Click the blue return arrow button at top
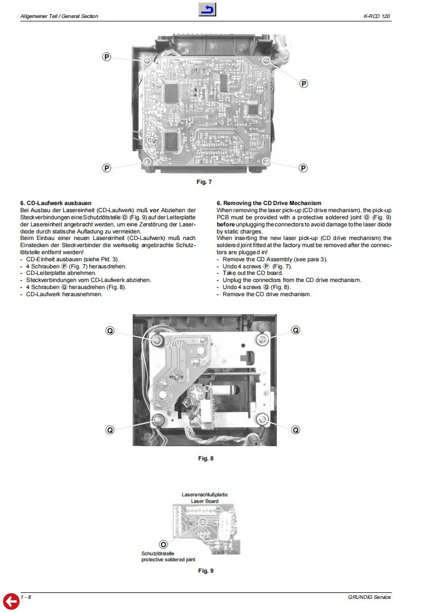[x=207, y=9]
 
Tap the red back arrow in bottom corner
[x=11, y=601]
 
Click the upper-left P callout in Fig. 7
[x=107, y=57]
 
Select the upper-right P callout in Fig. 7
[x=304, y=83]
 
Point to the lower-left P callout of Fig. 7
[x=107, y=167]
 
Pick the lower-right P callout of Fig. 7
[x=303, y=167]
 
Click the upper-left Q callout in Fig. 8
[x=110, y=330]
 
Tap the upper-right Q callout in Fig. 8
[x=295, y=330]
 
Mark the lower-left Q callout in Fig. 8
[x=110, y=430]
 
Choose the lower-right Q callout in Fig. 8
[x=295, y=430]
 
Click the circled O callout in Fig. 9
[x=163, y=544]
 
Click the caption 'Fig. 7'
[x=204, y=182]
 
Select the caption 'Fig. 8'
[x=205, y=458]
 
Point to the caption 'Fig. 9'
[x=205, y=571]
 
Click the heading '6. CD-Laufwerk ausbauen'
[x=55, y=203]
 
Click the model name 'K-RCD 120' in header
[x=377, y=17]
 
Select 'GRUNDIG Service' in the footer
[x=369, y=597]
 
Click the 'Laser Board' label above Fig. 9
[x=205, y=501]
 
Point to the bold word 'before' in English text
[x=226, y=224]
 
